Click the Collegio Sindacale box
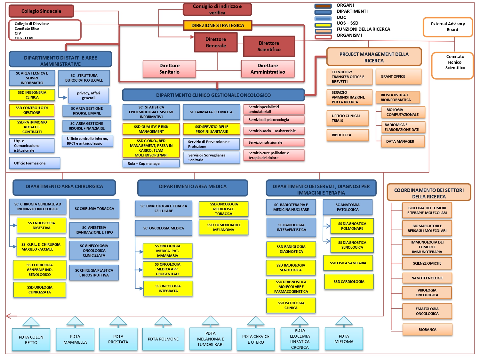[41, 11]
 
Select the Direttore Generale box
[216, 43]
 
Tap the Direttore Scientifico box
[269, 46]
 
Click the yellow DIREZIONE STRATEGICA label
[218, 26]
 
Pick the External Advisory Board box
[448, 27]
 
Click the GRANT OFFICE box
[398, 77]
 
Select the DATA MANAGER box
[403, 141]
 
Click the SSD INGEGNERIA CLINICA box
[32, 95]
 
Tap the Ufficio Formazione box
[35, 163]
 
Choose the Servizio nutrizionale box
[274, 142]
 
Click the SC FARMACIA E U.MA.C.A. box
[212, 112]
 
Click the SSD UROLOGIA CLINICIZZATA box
[40, 290]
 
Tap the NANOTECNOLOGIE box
[427, 278]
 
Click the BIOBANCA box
[427, 330]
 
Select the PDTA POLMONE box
[163, 339]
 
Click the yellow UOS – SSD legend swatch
[323, 25]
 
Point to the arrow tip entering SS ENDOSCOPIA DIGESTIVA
[16, 225]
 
